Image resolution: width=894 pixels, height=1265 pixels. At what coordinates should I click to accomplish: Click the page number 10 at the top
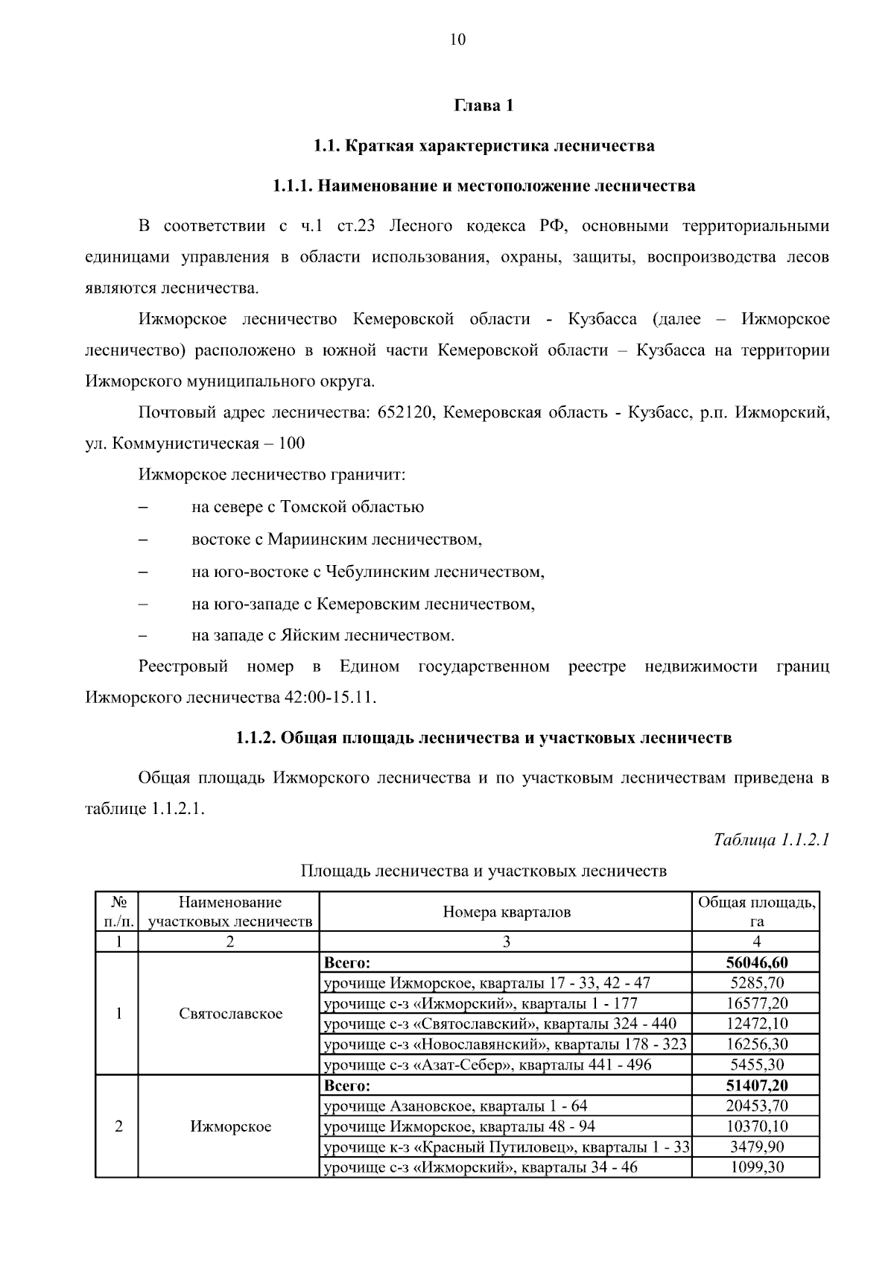click(457, 40)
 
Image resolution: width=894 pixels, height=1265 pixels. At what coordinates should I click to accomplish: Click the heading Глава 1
click(484, 106)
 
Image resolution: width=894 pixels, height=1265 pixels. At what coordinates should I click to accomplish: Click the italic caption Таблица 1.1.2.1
click(771, 840)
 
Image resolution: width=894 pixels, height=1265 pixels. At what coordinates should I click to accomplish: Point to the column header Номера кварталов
click(507, 912)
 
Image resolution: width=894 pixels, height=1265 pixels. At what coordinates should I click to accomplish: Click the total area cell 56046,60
click(756, 962)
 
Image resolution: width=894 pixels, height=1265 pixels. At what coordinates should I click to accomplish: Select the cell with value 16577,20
click(756, 1003)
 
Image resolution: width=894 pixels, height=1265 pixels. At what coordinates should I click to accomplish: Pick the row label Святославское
click(230, 1014)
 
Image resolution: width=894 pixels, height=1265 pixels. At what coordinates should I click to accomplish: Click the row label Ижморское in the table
click(230, 1126)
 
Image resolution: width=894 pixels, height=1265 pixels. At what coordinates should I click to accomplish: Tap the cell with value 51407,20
click(756, 1085)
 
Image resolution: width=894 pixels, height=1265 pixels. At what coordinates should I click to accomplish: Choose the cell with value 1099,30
click(756, 1167)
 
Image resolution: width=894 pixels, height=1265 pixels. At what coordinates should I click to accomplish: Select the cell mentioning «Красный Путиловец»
click(507, 1146)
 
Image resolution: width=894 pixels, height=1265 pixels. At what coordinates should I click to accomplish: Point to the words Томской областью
click(352, 508)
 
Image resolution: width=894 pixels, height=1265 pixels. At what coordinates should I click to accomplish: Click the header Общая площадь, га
click(756, 912)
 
